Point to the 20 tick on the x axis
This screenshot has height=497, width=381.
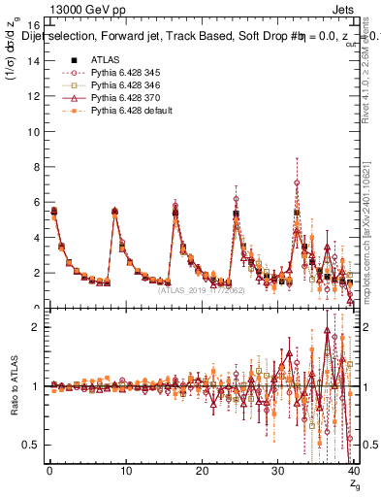202,472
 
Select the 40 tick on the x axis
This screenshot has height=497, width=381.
353,472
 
